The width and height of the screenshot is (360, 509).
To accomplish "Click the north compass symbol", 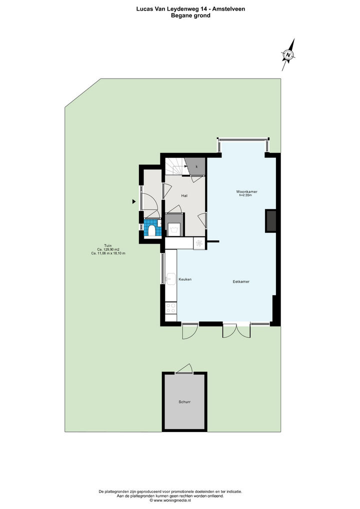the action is coord(288,54).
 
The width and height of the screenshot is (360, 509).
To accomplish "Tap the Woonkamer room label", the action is coord(246,192).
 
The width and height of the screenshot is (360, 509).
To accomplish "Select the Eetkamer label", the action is coord(241,282).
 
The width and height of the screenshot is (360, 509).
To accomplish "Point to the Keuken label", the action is coord(185,279).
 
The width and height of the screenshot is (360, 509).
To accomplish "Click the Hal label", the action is coord(184,195).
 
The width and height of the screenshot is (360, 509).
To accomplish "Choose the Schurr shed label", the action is coord(184,402).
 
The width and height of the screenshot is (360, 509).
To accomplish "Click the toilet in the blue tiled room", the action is coord(151,229).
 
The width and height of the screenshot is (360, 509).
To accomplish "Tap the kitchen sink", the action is coord(170,279).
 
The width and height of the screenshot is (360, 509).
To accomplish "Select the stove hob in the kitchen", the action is coord(170,307).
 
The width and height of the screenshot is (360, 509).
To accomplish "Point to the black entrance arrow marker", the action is coord(133,201).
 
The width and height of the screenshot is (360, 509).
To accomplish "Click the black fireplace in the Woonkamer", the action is coord(270,221).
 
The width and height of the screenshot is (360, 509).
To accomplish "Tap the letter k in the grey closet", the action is coord(196,167).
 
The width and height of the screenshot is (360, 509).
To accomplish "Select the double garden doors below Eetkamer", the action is coord(236,330).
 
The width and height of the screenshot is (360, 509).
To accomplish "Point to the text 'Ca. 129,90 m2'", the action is coord(108,249).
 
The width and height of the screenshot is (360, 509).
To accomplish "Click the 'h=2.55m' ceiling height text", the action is coord(245,195).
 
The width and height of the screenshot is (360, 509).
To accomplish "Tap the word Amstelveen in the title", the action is coord(229,9).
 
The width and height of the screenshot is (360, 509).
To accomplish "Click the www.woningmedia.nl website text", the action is coord(172,500).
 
